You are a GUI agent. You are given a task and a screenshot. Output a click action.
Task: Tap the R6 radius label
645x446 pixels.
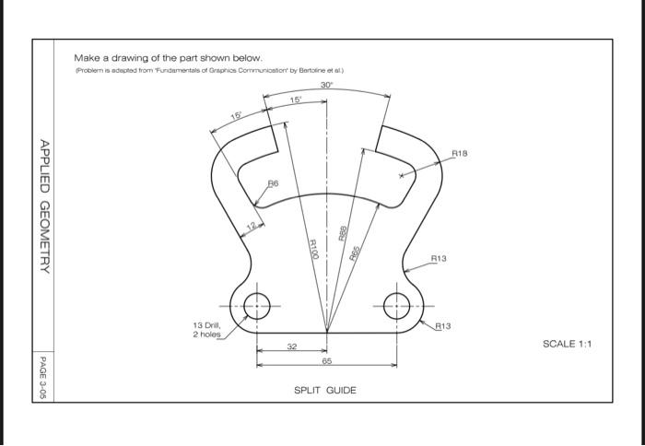(x=272, y=184)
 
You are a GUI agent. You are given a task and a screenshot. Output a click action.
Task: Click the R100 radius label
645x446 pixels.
(x=313, y=249)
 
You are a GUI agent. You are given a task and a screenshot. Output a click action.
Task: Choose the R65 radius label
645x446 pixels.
(x=353, y=254)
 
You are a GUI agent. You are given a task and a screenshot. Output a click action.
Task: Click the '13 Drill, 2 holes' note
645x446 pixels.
(x=206, y=330)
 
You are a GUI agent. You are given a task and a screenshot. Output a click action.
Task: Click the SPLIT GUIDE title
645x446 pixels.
(x=324, y=391)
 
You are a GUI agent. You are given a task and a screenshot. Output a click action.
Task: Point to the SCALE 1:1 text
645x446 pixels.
(x=567, y=344)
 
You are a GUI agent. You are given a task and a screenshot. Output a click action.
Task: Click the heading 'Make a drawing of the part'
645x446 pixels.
(x=161, y=58)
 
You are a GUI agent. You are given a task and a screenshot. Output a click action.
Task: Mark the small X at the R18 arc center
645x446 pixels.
(x=401, y=172)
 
